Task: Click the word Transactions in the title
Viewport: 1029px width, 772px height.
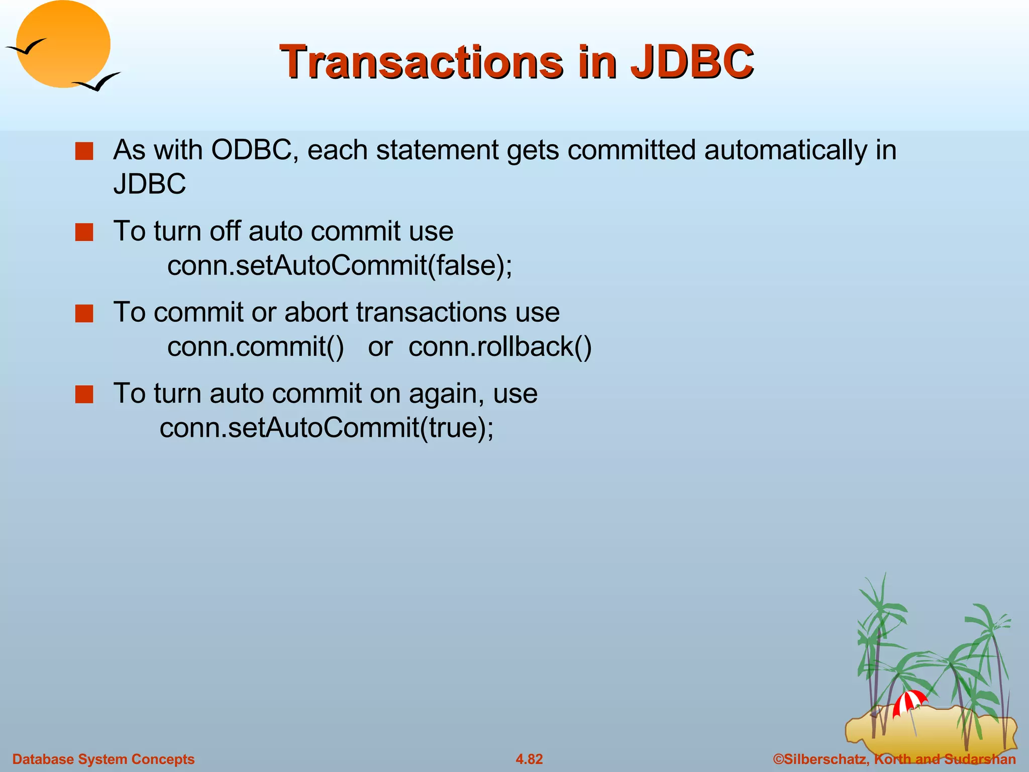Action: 421,62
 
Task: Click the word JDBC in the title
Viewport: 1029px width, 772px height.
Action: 692,62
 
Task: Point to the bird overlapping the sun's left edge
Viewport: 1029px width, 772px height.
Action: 26,47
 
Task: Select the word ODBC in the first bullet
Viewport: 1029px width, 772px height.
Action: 251,150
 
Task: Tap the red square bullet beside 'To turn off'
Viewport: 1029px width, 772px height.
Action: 84,232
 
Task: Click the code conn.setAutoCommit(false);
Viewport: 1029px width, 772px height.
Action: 340,266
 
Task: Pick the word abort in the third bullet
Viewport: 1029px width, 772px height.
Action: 317,312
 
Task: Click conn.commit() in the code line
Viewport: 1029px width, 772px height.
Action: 255,347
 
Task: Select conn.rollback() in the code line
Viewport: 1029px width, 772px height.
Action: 500,347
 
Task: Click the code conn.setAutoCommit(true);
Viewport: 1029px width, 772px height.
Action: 327,428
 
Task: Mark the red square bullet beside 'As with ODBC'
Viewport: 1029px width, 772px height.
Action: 84,151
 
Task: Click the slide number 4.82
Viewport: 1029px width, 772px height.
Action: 529,759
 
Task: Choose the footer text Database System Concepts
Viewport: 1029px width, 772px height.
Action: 103,759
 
